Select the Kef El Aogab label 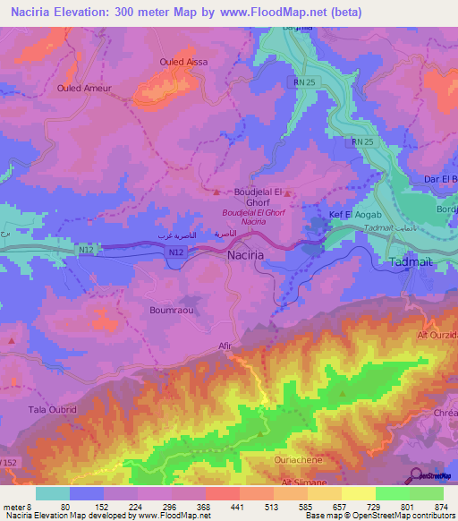(x=356, y=217)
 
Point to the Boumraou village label (x=167, y=310)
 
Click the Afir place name (x=225, y=352)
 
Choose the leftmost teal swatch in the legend (x=53, y=492)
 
